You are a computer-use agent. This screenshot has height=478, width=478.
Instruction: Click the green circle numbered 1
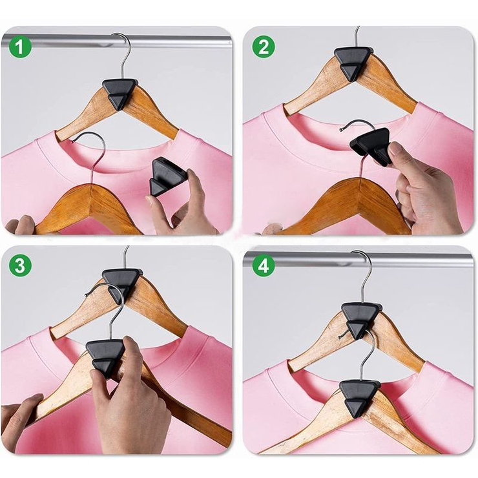click(20, 47)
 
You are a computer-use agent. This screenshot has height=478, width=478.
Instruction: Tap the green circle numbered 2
click(264, 47)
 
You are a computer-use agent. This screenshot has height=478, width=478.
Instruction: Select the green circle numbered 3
click(20, 265)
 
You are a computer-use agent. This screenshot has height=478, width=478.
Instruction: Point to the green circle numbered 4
click(264, 265)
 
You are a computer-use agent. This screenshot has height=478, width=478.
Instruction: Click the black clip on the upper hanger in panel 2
click(353, 63)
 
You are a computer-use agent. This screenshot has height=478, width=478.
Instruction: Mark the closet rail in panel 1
click(116, 41)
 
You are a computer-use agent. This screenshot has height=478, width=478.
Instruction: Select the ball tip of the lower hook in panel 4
click(340, 337)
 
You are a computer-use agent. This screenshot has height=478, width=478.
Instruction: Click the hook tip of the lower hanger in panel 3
click(87, 295)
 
